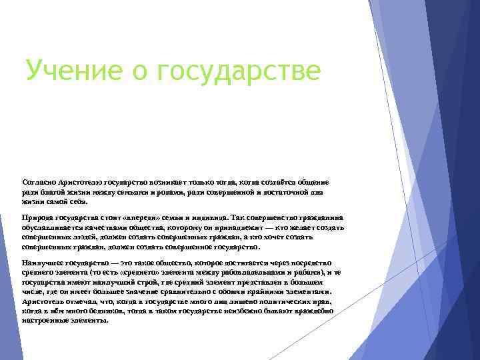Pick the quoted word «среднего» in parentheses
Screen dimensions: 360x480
click(152, 273)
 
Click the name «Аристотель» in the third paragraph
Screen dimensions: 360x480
click(45, 301)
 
